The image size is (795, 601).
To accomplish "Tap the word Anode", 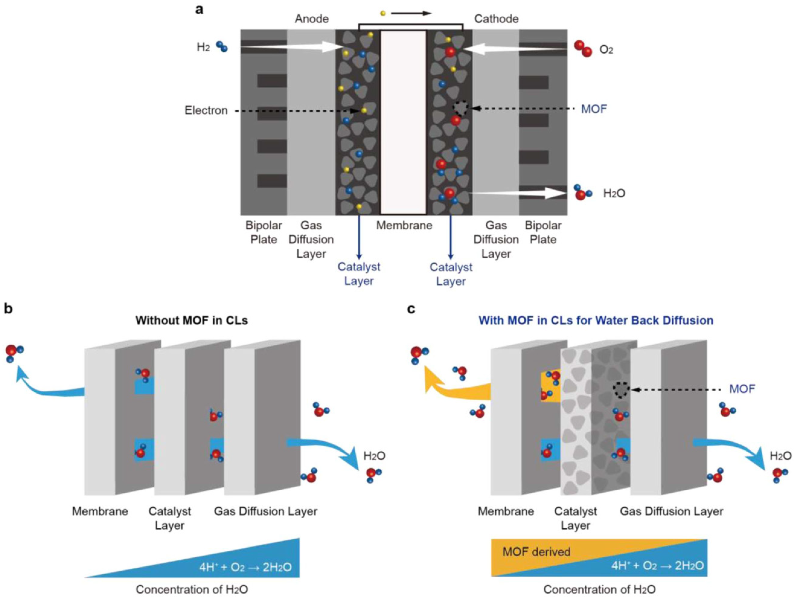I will click(312, 19).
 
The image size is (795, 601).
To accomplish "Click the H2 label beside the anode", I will click(203, 47).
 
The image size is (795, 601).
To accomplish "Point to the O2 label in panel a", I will click(606, 50).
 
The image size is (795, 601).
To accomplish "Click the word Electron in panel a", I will click(206, 110).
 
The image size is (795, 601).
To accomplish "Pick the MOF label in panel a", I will click(594, 109).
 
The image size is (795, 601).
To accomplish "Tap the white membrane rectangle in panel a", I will click(404, 122).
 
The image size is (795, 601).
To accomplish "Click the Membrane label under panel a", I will click(404, 225).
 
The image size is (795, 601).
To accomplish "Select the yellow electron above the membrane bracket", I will click(383, 14).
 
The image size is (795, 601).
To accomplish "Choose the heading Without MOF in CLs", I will click(192, 320).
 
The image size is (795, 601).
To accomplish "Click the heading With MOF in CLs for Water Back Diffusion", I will click(595, 320).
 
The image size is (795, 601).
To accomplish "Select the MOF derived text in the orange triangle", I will click(536, 551).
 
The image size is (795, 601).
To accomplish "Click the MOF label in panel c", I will click(742, 389).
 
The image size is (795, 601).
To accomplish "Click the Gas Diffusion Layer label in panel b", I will click(265, 511).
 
